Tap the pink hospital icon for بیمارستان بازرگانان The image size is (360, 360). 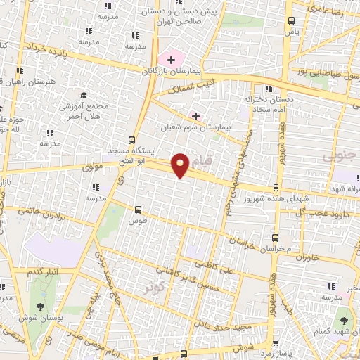(x=171, y=60)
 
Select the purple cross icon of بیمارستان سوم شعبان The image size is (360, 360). (x=195, y=115)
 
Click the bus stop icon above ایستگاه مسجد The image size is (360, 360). (x=131, y=140)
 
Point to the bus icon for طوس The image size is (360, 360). (x=137, y=210)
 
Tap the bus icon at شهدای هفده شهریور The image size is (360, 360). (x=276, y=188)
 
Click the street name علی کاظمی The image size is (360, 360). (x=211, y=266)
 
